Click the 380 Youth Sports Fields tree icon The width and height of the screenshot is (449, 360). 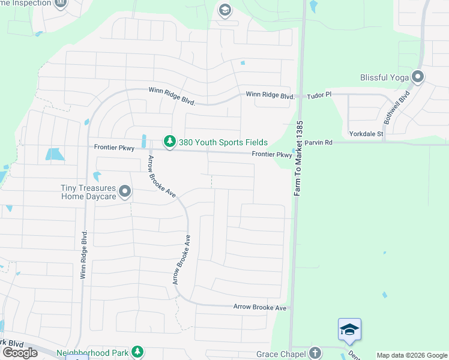[170, 142]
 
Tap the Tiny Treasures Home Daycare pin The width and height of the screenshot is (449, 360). [125, 191]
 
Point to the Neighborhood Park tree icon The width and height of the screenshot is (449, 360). [138, 352]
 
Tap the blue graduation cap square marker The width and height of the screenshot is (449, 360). [349, 329]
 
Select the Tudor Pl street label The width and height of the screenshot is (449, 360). [319, 95]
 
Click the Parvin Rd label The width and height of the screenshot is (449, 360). [318, 143]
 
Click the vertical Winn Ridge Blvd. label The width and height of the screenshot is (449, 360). [83, 254]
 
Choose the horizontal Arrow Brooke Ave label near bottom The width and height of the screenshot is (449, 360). [259, 307]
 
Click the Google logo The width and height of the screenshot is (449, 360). [20, 352]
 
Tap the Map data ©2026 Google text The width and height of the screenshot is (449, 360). [412, 355]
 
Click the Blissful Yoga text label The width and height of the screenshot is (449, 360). [384, 77]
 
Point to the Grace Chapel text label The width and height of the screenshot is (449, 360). [281, 355]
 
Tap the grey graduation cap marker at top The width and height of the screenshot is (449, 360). [224, 9]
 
